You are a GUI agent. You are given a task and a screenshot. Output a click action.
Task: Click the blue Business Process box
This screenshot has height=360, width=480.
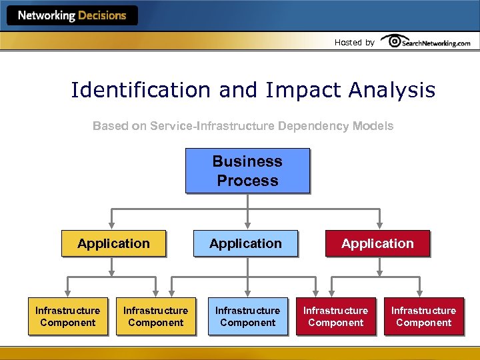tap(247, 171)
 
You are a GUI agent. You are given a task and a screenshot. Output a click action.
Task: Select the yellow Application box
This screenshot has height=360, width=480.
tap(113, 243)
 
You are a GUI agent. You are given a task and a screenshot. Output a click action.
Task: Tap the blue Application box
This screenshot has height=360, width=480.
tap(245, 243)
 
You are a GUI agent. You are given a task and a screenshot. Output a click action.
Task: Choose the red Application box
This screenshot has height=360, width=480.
tap(377, 243)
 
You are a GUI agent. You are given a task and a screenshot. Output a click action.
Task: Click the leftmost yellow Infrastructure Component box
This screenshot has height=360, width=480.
tap(67, 316)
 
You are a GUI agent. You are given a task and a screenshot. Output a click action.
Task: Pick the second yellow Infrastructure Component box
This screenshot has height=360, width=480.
tap(155, 316)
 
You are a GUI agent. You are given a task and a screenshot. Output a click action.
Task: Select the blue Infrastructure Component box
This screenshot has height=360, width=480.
tap(247, 316)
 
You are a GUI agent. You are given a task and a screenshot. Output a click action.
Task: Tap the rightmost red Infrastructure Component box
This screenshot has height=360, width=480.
tap(423, 316)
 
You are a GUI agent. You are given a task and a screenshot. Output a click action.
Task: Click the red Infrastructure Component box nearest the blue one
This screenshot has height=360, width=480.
tap(335, 316)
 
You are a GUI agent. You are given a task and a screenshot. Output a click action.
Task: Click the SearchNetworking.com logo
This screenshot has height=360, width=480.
tap(427, 42)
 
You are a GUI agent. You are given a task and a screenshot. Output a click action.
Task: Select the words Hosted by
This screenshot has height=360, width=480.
tap(354, 43)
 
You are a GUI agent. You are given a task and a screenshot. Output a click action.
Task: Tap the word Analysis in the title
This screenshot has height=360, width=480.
tap(393, 90)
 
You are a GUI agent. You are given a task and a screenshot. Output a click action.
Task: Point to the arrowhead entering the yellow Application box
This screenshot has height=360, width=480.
tap(113, 226)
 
